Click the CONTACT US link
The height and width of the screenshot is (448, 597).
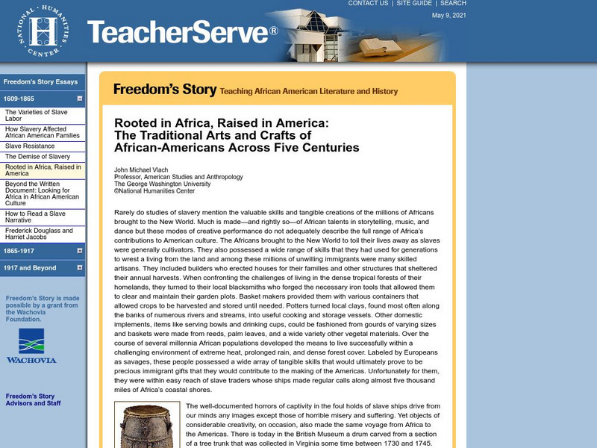369,4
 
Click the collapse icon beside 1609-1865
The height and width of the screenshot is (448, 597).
79,99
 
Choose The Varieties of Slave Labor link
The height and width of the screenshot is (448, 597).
36,116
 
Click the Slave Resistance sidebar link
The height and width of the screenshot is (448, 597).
29,146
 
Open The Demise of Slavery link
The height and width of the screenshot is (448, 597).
38,157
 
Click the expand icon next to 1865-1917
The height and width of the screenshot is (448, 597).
79,250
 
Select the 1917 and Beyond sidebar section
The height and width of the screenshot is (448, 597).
30,268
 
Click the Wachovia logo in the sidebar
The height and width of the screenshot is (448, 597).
31,346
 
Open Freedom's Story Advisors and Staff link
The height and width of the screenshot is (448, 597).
33,400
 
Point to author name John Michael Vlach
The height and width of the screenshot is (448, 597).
142,169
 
